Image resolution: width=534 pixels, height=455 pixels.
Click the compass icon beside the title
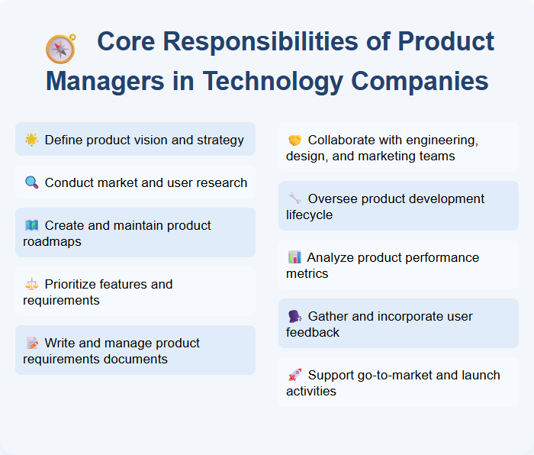[x=60, y=49]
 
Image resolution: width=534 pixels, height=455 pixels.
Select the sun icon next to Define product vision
[x=31, y=140]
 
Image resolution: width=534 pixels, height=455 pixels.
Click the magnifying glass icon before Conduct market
[x=31, y=182]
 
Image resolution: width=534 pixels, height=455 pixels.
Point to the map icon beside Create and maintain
[x=31, y=225]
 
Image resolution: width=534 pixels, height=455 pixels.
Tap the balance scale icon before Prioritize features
[x=31, y=284]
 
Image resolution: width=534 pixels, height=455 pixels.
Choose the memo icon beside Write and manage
[x=31, y=343]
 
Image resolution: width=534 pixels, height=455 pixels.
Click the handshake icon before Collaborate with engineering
[x=294, y=140]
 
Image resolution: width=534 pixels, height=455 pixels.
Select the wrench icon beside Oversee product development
[x=294, y=198]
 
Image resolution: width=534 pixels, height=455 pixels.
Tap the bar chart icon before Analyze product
[x=294, y=257]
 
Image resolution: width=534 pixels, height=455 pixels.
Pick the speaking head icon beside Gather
[x=294, y=316]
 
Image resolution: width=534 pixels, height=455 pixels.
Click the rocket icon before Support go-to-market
[x=294, y=375]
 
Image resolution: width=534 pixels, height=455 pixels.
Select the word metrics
[x=307, y=273]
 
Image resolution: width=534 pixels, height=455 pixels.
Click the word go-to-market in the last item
[x=392, y=375]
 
